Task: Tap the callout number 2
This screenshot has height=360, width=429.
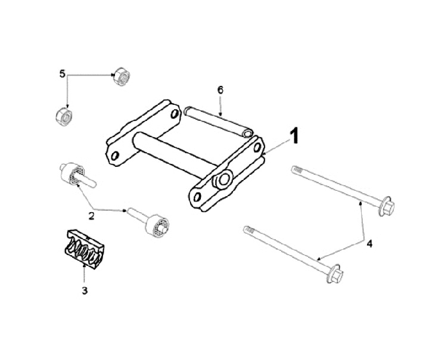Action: (91, 216)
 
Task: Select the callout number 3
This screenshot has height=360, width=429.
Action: (85, 290)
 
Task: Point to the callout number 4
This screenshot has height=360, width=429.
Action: (369, 244)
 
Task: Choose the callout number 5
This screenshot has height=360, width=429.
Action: (63, 74)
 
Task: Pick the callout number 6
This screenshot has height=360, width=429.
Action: (220, 90)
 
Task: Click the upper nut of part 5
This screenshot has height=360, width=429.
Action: (122, 76)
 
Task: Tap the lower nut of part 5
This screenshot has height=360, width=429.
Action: (64, 117)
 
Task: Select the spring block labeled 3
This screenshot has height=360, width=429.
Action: (85, 249)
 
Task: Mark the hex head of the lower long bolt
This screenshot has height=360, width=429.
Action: (335, 274)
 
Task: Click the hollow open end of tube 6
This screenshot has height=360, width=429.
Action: (248, 134)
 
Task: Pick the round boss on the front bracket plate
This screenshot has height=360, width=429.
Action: (223, 179)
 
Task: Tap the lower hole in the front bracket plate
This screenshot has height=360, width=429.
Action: (197, 196)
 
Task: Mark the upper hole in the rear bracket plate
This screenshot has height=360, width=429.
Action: (174, 114)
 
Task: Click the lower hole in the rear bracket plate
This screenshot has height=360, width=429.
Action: (115, 156)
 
